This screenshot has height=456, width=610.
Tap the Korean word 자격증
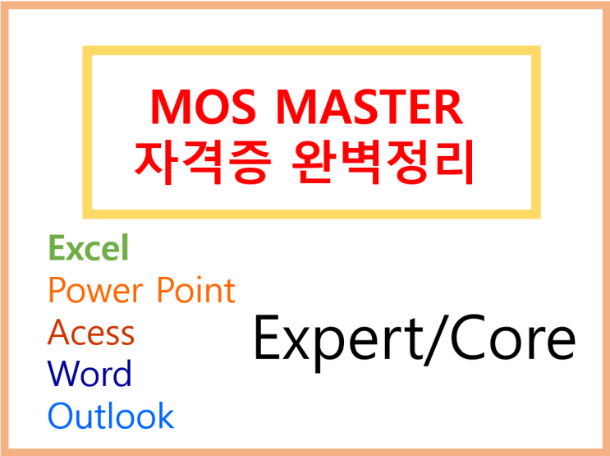201,160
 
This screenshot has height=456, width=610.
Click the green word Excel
89,247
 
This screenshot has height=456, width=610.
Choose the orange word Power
94,290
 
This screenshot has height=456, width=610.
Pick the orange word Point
195,290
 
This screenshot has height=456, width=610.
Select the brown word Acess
91,333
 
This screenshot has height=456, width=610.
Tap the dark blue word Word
89,375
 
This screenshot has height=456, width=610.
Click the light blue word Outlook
111,416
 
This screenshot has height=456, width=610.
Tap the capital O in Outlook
61,416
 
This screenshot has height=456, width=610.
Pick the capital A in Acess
59,333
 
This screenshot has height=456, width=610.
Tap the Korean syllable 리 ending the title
453,160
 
